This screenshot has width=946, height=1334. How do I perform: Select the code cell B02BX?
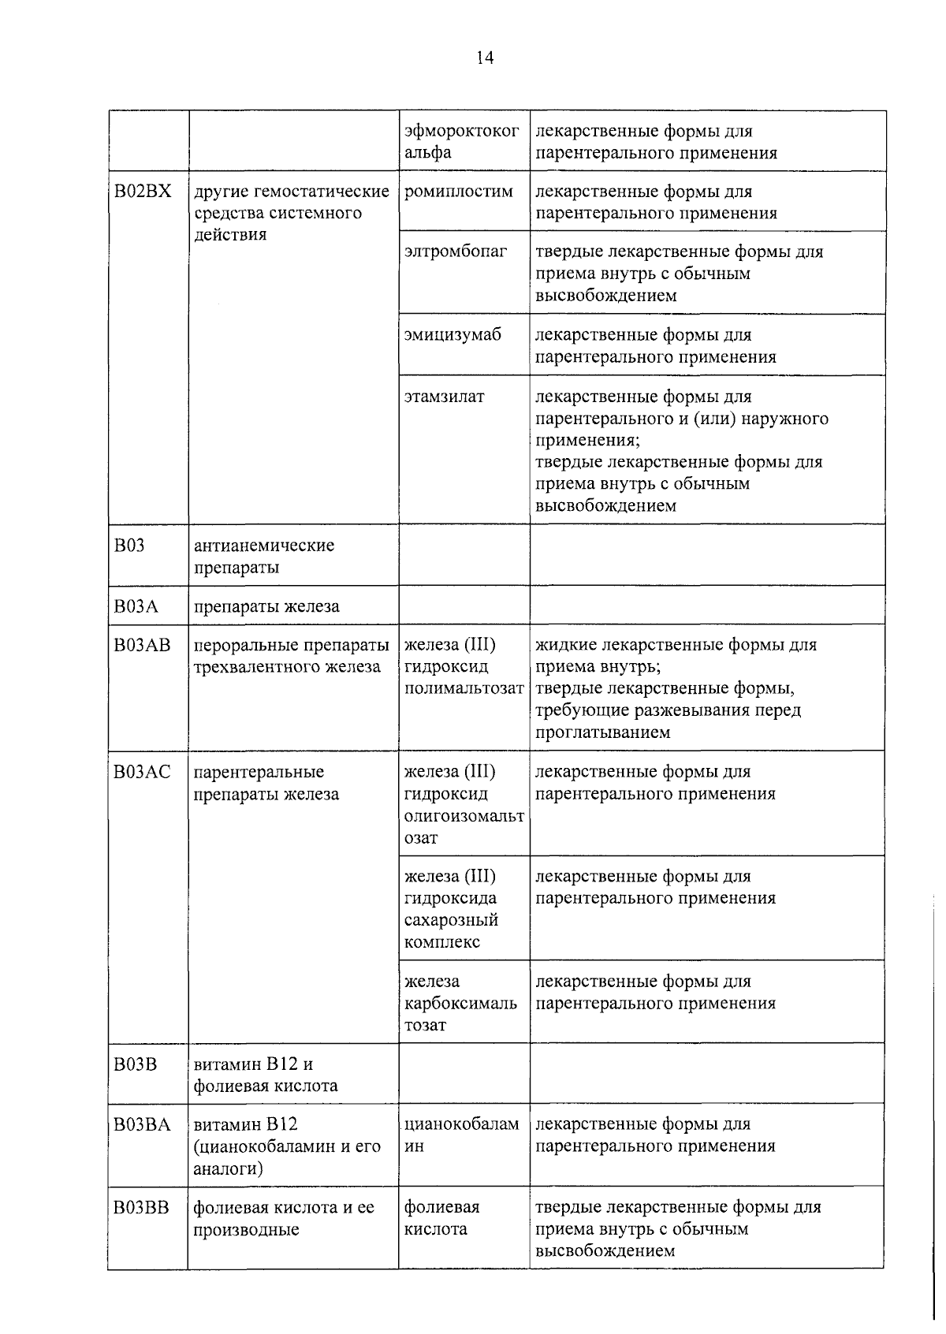click(143, 192)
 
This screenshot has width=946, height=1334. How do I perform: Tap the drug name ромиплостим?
click(458, 192)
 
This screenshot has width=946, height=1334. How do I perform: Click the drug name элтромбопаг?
click(456, 252)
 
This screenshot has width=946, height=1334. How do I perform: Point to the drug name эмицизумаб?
click(453, 335)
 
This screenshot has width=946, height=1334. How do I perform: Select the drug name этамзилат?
click(444, 397)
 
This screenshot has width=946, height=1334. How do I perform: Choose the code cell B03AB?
click(142, 645)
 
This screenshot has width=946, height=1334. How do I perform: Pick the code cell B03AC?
click(142, 772)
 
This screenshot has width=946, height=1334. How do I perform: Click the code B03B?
click(136, 1064)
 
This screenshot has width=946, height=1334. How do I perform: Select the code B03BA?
click(142, 1124)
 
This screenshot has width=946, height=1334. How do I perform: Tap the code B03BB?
click(142, 1207)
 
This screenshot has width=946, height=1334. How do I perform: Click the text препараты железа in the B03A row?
click(266, 606)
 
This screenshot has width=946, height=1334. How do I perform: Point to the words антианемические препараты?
click(264, 557)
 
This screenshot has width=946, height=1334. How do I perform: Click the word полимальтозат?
click(464, 688)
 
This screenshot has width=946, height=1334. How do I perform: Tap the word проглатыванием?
click(603, 732)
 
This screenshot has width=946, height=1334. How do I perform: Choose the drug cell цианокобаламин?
click(461, 1135)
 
